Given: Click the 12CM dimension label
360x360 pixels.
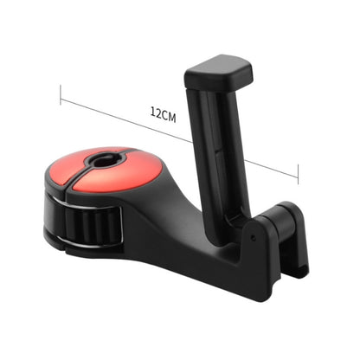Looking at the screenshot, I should pos(164,113).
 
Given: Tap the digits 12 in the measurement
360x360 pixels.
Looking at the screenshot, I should pos(156,113).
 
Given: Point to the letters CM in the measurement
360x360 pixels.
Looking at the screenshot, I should pos(170,113).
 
